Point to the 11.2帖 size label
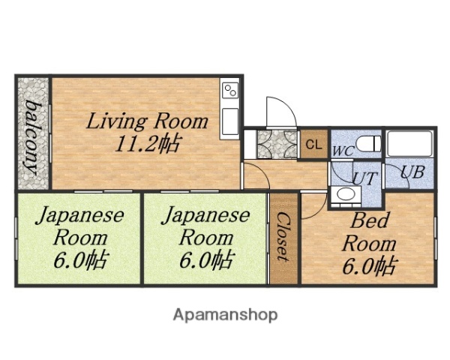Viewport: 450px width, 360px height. [147, 144]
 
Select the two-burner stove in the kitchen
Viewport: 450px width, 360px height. [230, 91]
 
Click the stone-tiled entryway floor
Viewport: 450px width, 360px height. [274, 142]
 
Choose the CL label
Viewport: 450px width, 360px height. [313, 145]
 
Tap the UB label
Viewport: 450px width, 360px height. [412, 172]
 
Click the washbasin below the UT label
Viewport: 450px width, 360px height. [346, 195]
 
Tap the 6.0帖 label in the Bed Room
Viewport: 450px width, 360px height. [369, 265]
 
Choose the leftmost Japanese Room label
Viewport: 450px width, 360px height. [79, 226]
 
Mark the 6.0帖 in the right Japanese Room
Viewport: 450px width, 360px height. [205, 260]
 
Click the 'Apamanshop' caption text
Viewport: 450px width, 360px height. [225, 314]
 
